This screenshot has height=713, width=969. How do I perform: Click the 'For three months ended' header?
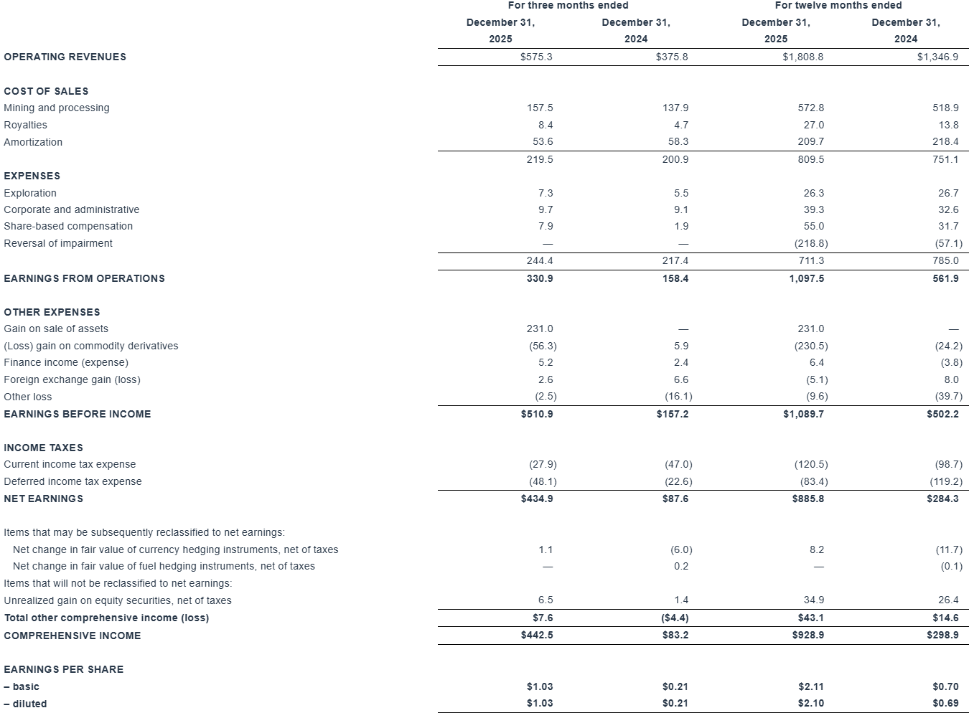pyautogui.click(x=568, y=6)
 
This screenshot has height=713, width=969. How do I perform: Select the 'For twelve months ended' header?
pyautogui.click(x=838, y=6)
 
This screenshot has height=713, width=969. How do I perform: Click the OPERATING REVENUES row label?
pyautogui.click(x=65, y=57)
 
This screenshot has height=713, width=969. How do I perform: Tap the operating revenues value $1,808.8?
pyautogui.click(x=802, y=57)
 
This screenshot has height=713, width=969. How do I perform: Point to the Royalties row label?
pyautogui.click(x=25, y=125)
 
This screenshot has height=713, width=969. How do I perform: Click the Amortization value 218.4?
pyautogui.click(x=945, y=142)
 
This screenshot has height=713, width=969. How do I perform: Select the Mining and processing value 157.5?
pyautogui.click(x=540, y=108)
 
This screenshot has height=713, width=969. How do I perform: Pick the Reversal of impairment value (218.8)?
pyautogui.click(x=810, y=243)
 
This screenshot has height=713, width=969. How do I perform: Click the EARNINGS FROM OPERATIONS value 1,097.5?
pyautogui.click(x=807, y=278)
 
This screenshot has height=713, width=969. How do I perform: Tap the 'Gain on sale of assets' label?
pyautogui.click(x=56, y=329)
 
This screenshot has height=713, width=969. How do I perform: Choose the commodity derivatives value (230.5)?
pyautogui.click(x=810, y=346)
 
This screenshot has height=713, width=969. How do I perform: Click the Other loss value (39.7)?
pyautogui.click(x=947, y=397)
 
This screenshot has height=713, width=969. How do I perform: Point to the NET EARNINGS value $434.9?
pyautogui.click(x=537, y=499)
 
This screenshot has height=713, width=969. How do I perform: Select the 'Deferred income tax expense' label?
pyautogui.click(x=72, y=481)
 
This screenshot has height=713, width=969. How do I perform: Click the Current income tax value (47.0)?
pyautogui.click(x=678, y=464)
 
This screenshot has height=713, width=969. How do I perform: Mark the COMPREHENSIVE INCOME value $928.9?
pyautogui.click(x=808, y=635)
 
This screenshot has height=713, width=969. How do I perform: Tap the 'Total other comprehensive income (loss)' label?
pyautogui.click(x=106, y=618)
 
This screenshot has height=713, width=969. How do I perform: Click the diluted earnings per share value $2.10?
pyautogui.click(x=810, y=703)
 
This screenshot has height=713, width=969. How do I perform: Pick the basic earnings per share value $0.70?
pyautogui.click(x=945, y=686)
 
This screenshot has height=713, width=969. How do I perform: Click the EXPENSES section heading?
pyautogui.click(x=32, y=176)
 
